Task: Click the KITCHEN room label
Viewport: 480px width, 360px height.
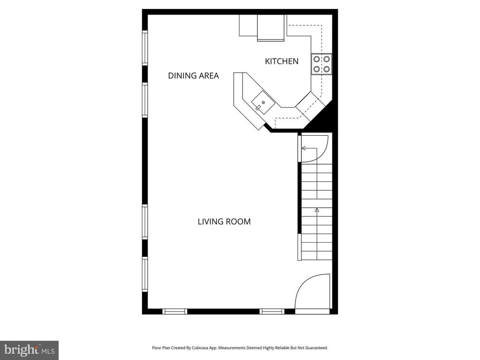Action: (282, 61)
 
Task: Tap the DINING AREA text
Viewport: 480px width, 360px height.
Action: (193, 76)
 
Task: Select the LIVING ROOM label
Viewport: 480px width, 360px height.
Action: (224, 222)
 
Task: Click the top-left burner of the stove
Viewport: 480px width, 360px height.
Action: (317, 59)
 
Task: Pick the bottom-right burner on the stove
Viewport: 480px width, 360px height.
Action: (327, 69)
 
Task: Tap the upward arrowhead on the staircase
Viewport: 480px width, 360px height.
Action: (317, 209)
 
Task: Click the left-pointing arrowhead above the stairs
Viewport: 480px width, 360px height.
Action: (304, 148)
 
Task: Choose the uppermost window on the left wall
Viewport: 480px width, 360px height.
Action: (145, 47)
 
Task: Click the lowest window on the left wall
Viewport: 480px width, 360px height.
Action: (145, 274)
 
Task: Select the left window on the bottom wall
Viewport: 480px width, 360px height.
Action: (175, 311)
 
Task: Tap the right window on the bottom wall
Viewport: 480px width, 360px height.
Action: (272, 311)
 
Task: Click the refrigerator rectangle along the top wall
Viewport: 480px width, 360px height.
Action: (270, 28)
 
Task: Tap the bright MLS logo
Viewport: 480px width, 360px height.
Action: (29, 350)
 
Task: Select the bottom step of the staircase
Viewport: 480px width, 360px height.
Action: (317, 256)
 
